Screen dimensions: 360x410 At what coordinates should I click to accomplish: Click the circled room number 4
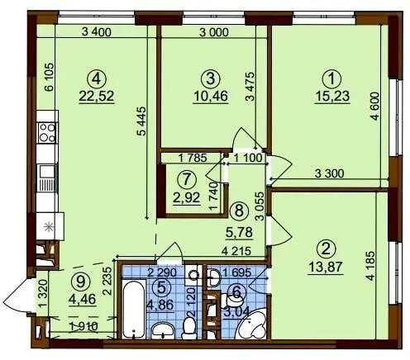(98, 78)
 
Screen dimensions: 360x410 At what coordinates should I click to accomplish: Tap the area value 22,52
(98, 95)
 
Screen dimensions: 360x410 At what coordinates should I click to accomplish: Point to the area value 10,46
(211, 95)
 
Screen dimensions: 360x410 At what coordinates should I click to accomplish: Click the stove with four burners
(45, 134)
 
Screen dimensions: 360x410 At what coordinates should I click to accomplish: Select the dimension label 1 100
(247, 157)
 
